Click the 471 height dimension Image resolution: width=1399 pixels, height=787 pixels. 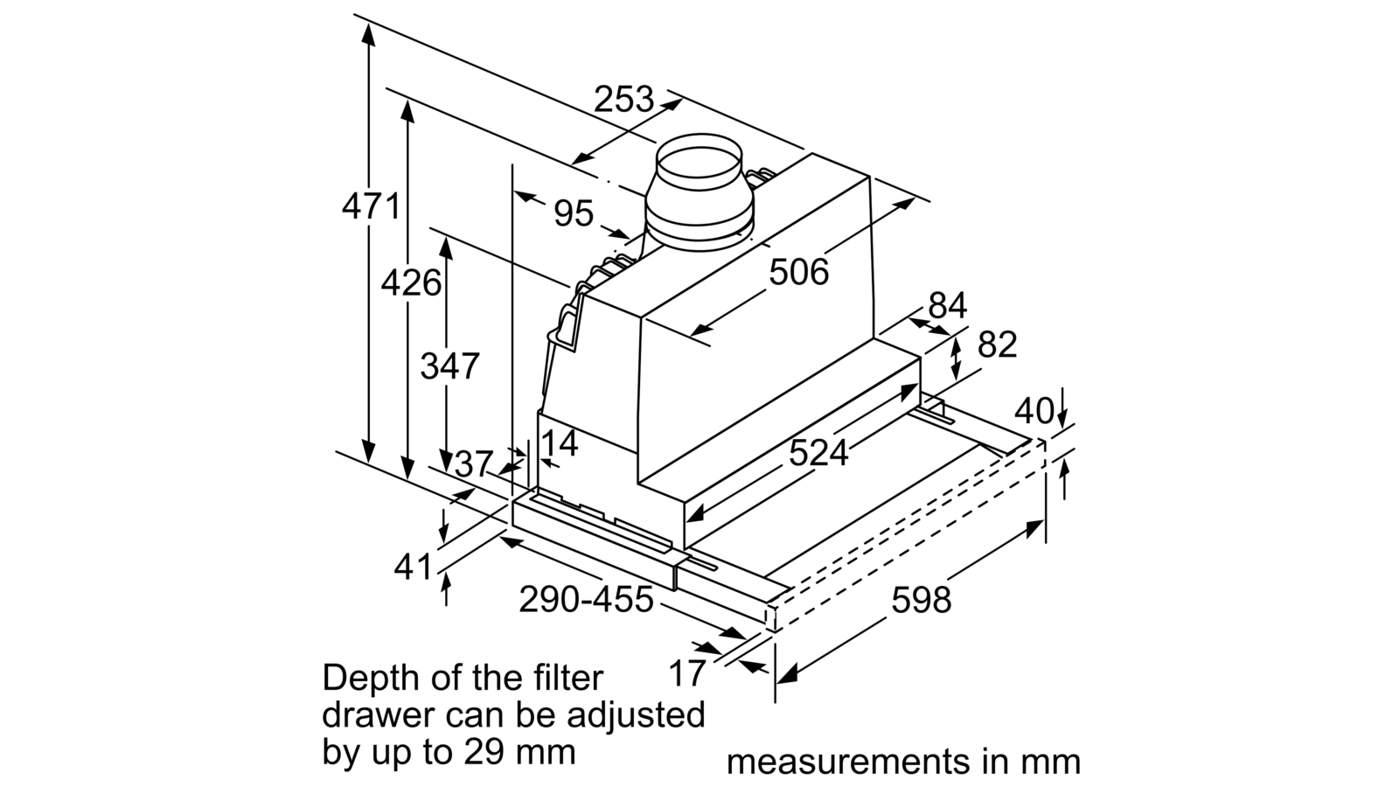tap(371, 206)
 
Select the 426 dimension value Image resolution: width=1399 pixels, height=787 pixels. tap(411, 283)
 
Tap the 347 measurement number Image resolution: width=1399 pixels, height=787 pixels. tap(449, 366)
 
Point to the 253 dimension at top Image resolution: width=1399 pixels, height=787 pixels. tap(623, 100)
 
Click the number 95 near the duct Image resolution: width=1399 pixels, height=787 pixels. tap(574, 213)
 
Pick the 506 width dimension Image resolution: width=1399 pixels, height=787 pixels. tap(799, 272)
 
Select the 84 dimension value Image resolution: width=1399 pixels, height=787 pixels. tap(948, 305)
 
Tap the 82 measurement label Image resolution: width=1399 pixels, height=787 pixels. tap(998, 345)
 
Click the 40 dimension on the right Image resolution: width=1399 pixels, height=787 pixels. tap(1034, 411)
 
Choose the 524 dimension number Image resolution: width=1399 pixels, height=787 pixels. tap(818, 452)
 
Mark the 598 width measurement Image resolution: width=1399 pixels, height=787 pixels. tap(922, 600)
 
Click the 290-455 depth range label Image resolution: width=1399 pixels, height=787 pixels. tap(586, 600)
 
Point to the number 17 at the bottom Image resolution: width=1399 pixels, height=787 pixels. tap(687, 673)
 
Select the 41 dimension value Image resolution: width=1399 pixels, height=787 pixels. tap(413, 568)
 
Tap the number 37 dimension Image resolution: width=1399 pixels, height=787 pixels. tap(474, 464)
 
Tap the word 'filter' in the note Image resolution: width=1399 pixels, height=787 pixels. tap(569, 679)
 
